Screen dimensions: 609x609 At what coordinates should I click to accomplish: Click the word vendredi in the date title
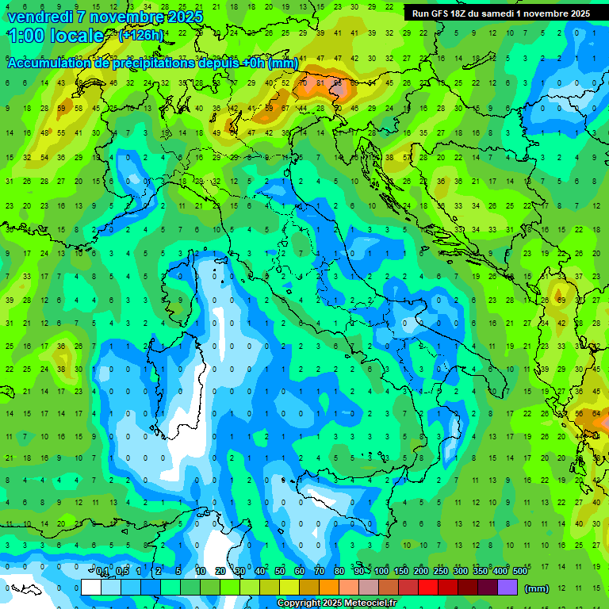coord(40,17)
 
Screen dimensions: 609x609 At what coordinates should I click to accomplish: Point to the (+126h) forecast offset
coord(140,35)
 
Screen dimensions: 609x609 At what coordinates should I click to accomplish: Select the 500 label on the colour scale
coord(519,572)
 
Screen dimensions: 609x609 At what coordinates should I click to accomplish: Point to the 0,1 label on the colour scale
coord(101,572)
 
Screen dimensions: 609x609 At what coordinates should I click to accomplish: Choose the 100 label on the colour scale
coord(381,572)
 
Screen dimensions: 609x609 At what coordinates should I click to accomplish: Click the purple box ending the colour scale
coord(507,587)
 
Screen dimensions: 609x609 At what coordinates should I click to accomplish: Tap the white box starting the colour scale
coord(91,587)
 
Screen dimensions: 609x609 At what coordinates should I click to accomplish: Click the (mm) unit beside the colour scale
coord(537,588)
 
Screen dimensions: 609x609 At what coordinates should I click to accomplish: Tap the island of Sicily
coord(333,507)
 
